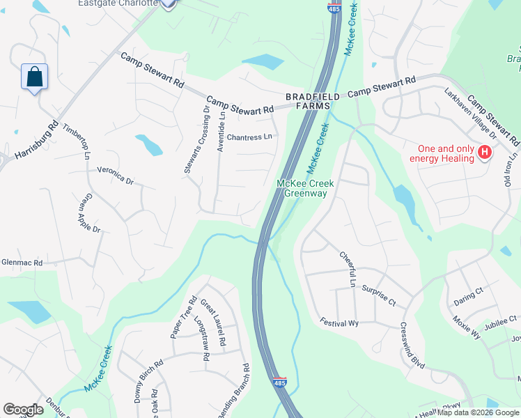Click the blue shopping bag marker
34,77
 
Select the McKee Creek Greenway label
306,188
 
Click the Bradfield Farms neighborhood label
307,101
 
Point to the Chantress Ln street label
249,138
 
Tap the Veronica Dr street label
115,175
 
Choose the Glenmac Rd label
22,263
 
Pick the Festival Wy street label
339,323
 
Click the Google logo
23,410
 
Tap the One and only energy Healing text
446,153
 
